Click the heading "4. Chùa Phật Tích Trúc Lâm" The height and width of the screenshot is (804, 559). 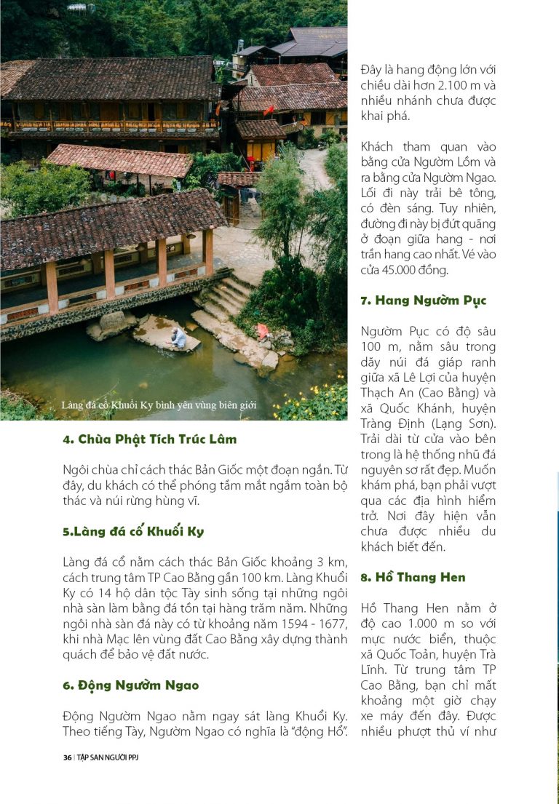(149, 439)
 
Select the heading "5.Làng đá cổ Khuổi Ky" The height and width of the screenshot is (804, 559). (133, 531)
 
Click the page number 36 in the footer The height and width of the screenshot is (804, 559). (67, 757)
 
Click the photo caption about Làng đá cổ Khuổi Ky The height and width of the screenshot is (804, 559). (159, 405)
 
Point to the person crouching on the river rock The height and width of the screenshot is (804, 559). (178, 337)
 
